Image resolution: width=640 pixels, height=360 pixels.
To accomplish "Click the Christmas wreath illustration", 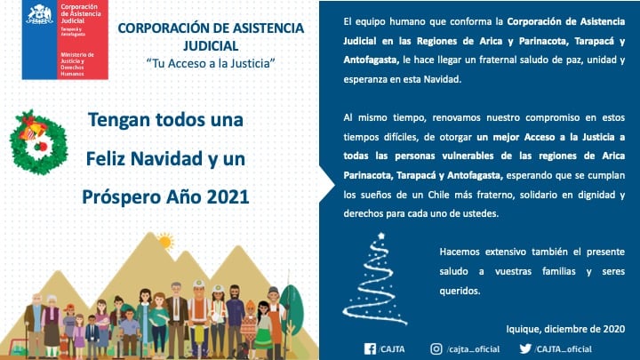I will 39,142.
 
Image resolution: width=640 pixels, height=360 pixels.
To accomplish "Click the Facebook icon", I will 370,348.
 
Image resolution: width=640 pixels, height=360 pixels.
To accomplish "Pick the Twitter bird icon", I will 525,348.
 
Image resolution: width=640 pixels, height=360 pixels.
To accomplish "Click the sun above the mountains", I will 164,240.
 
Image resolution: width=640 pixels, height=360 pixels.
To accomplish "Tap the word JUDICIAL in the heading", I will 210,44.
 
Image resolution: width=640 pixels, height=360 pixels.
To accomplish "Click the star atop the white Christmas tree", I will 381,236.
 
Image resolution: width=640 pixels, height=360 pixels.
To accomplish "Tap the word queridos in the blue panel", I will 460,290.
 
